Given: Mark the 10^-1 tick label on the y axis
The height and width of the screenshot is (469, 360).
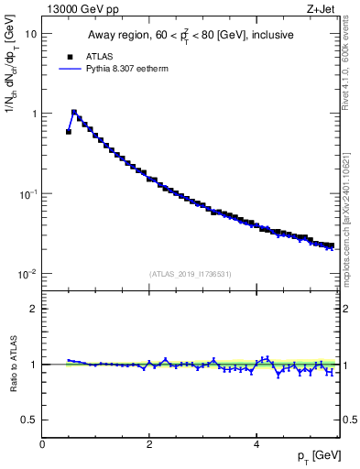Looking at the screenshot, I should pyautogui.click(x=28, y=194).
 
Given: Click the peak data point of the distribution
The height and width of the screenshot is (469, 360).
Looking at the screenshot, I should pyautogui.click(x=74, y=112).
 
